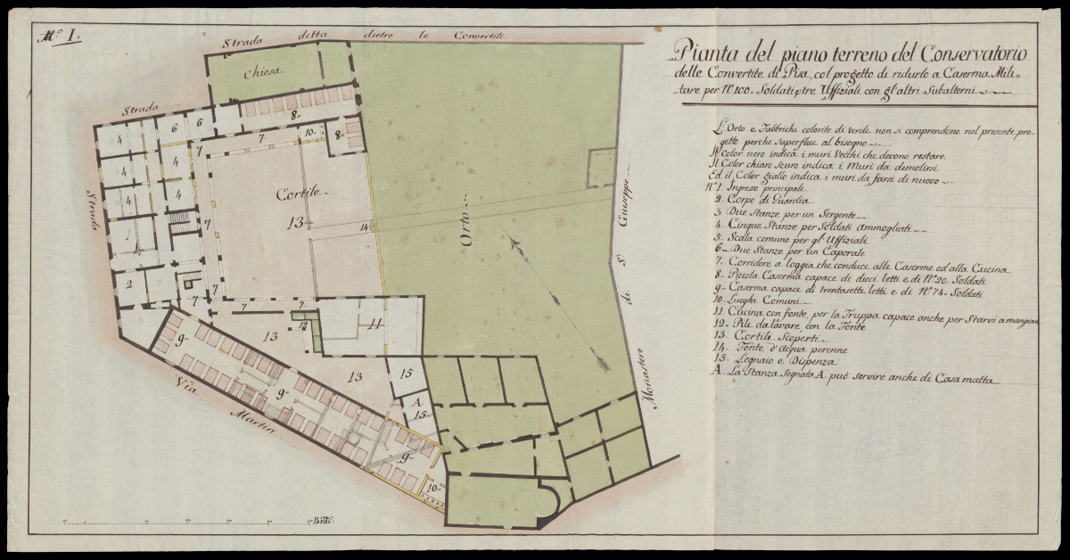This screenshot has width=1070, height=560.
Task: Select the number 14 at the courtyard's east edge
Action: point(364,226)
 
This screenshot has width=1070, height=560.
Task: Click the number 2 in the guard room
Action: point(130,285)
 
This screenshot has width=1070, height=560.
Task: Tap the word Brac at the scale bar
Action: point(319,520)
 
